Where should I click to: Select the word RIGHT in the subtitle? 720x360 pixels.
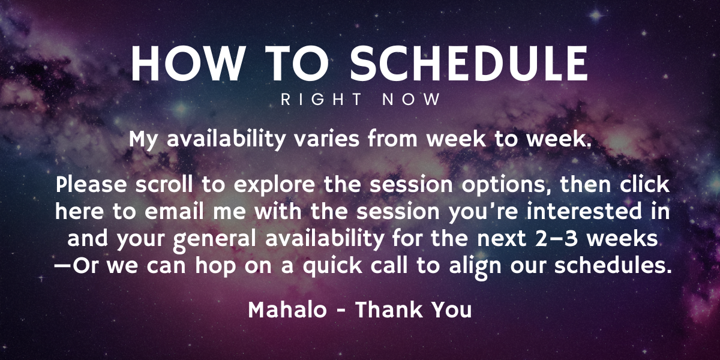pyautogui.click(x=321, y=100)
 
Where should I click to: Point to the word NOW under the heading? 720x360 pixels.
pyautogui.click(x=411, y=100)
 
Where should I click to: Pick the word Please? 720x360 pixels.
pyautogui.click(x=91, y=185)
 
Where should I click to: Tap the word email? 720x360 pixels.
pyautogui.click(x=174, y=211)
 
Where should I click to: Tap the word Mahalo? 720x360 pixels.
pyautogui.click(x=287, y=310)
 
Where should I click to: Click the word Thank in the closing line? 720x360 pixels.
pyautogui.click(x=389, y=310)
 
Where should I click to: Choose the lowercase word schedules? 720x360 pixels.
pyautogui.click(x=613, y=265)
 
